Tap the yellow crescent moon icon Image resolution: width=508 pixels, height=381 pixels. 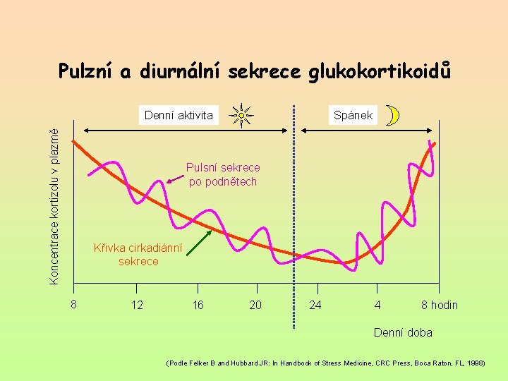tap(393, 116)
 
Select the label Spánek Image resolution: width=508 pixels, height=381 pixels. tap(353, 115)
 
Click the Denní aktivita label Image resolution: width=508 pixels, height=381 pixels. tap(179, 115)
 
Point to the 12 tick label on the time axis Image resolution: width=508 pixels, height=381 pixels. tap(137, 305)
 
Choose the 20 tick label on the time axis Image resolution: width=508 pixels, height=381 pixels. tap(255, 305)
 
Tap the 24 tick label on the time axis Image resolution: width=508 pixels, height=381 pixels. tap(316, 305)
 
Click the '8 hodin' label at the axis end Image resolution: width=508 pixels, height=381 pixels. tap(439, 305)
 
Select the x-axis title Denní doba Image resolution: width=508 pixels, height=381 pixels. tap(403, 332)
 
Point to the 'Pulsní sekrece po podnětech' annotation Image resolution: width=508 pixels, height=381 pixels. tap(223, 174)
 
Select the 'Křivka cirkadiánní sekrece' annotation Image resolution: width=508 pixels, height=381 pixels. tap(138, 255)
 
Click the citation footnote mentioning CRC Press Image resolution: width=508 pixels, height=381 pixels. tap(325, 363)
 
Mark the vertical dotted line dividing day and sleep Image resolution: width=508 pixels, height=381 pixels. tap(294, 212)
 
